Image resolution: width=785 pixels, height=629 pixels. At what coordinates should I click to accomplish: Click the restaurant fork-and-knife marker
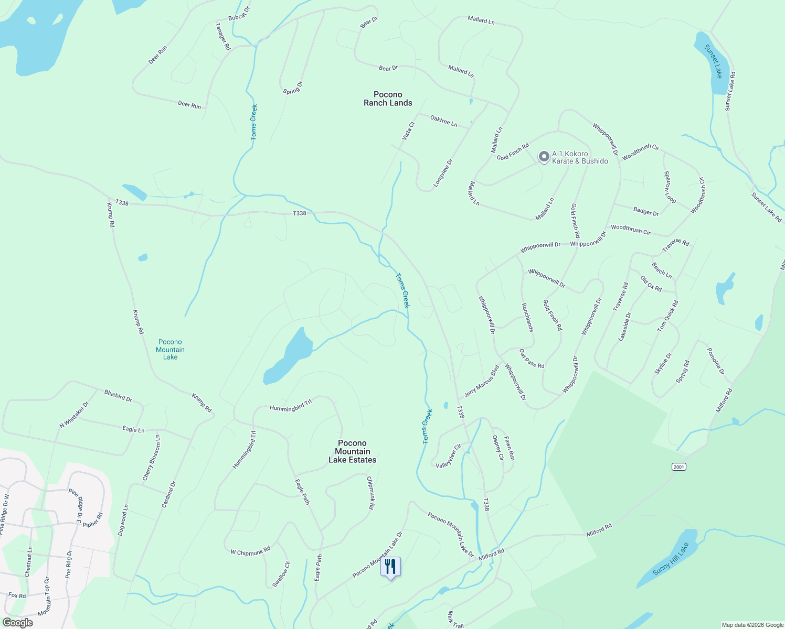(x=390, y=567)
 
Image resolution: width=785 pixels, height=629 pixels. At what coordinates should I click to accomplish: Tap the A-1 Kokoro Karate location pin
(x=544, y=157)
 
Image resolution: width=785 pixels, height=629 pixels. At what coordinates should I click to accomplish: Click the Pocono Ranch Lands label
(x=388, y=99)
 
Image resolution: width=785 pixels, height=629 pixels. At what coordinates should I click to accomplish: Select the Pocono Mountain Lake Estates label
(x=353, y=451)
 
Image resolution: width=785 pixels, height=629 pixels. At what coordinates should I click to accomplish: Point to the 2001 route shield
(x=679, y=467)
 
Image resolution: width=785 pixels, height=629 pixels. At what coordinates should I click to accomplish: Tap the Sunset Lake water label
(x=714, y=61)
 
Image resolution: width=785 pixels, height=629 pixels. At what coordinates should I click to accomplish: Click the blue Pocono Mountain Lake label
(x=170, y=350)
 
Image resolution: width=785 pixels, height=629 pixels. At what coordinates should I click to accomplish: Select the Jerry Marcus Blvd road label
(x=481, y=381)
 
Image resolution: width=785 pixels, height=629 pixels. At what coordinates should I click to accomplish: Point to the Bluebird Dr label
(x=118, y=396)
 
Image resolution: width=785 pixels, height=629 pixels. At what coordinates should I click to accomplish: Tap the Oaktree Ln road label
(x=444, y=121)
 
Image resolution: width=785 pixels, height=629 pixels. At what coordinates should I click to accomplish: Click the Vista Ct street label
(x=408, y=131)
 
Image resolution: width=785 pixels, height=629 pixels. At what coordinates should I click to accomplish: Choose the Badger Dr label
(x=646, y=212)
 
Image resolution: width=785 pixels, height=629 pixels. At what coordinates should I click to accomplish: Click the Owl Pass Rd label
(x=532, y=359)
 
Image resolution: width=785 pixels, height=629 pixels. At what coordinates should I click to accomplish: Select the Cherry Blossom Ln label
(x=152, y=457)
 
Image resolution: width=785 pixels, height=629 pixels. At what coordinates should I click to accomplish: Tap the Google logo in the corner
(x=17, y=623)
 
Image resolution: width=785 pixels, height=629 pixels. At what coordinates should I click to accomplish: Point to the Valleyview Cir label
(x=449, y=456)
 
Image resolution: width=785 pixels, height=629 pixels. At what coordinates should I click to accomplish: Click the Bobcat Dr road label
(x=239, y=14)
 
